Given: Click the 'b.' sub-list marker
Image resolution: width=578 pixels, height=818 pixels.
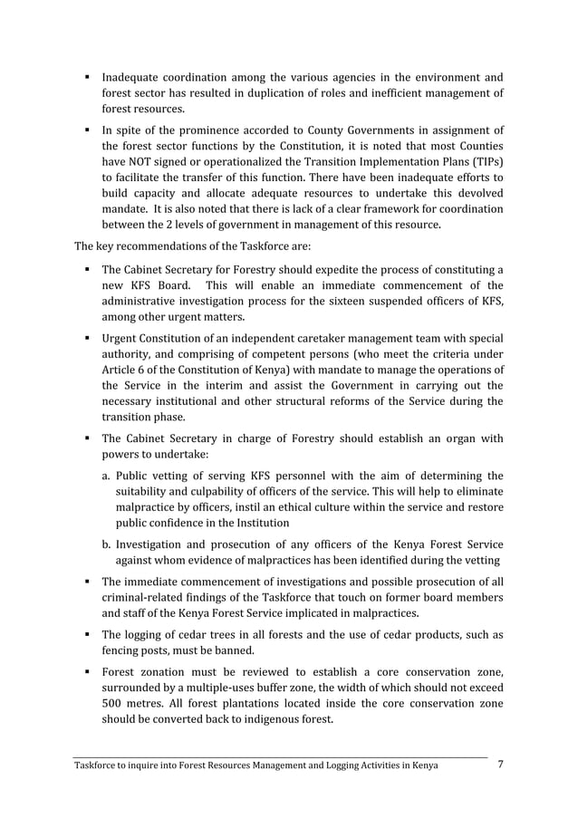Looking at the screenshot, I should coord(106,545).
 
